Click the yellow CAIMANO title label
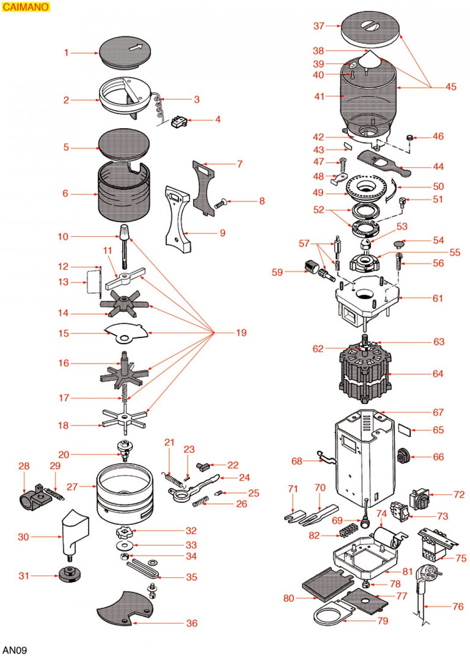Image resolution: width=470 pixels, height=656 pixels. [x=25, y=7]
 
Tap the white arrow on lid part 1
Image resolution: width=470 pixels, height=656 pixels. [x=136, y=47]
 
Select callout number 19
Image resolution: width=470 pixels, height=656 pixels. [x=241, y=333]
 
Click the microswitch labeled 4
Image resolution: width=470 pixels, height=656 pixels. [x=178, y=122]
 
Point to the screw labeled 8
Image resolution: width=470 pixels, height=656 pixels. [x=220, y=203]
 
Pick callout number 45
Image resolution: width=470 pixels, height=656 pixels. [x=451, y=87]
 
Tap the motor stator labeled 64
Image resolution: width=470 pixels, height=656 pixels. [x=364, y=373]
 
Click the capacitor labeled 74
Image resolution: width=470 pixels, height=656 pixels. [x=388, y=537]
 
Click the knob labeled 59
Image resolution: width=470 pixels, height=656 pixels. [x=311, y=266]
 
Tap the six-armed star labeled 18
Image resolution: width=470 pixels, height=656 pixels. [x=124, y=419]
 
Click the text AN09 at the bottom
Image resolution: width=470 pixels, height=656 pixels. [x=14, y=650]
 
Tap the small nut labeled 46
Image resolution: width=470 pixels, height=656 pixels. [x=410, y=138]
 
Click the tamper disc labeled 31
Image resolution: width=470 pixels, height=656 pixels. [x=69, y=574]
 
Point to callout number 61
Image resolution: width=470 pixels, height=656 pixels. [x=438, y=298]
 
